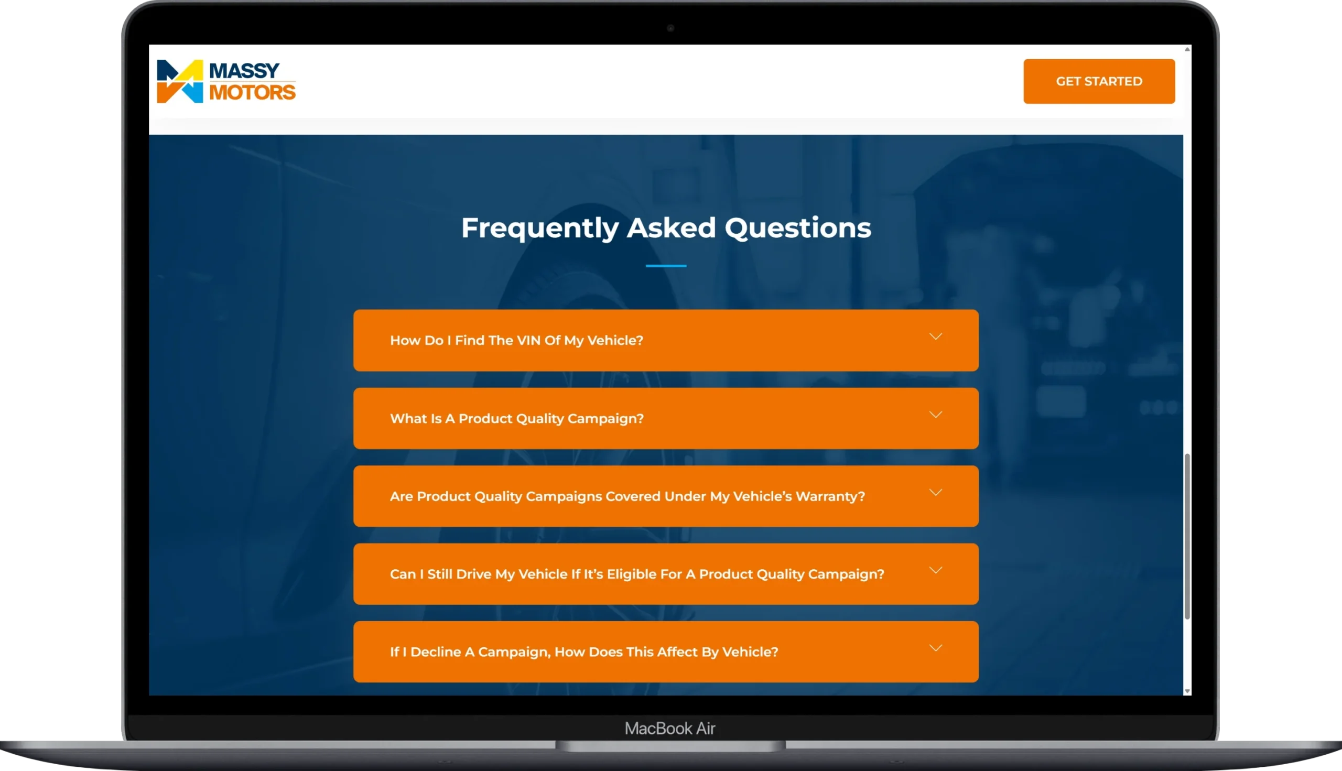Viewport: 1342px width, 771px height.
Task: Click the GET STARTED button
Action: [1099, 81]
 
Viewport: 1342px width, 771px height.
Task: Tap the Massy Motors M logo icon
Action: [180, 81]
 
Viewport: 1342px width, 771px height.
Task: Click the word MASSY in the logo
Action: [244, 70]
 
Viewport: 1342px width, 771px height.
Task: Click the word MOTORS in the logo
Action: [252, 92]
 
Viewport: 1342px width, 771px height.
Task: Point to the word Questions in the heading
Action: [797, 227]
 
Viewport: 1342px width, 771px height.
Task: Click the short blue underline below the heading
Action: [666, 266]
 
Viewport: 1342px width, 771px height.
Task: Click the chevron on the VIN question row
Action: [936, 337]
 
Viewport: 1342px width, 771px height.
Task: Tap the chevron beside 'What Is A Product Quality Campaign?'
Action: [936, 415]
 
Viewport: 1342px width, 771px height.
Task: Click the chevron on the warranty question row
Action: [936, 493]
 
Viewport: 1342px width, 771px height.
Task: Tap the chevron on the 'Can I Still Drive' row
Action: [936, 570]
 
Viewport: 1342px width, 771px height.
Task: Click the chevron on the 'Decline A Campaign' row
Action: [936, 648]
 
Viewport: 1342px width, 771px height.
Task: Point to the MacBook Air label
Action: [670, 729]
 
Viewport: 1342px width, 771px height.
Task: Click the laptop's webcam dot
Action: [670, 28]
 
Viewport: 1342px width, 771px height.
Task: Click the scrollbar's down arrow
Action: [1187, 691]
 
